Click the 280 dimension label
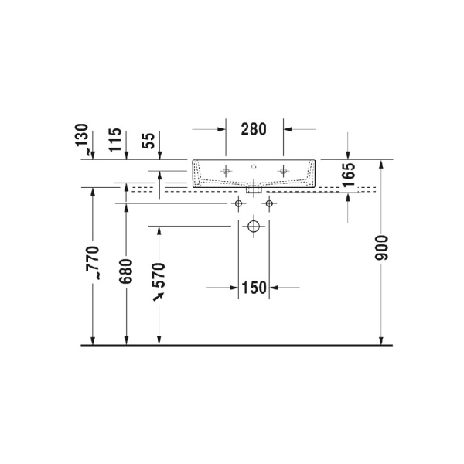pyautogui.click(x=254, y=129)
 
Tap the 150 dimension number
pyautogui.click(x=254, y=288)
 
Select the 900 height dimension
pyautogui.click(x=381, y=248)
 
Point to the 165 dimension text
pyautogui.click(x=349, y=175)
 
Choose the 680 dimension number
pyautogui.click(x=126, y=271)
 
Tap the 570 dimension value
pyautogui.click(x=159, y=275)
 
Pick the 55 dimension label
pyautogui.click(x=148, y=141)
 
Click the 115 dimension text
pyautogui.click(x=115, y=140)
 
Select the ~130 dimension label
pyautogui.click(x=82, y=139)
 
